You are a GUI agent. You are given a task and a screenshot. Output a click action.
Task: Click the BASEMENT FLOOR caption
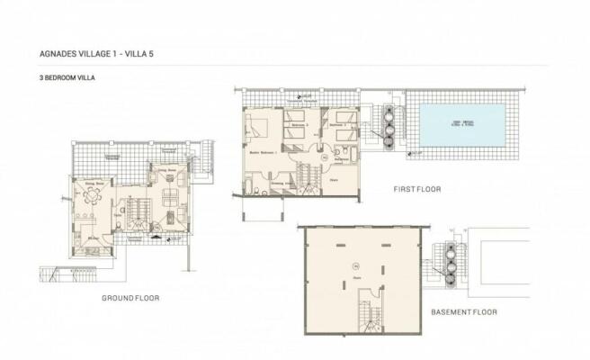tap(464, 313)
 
